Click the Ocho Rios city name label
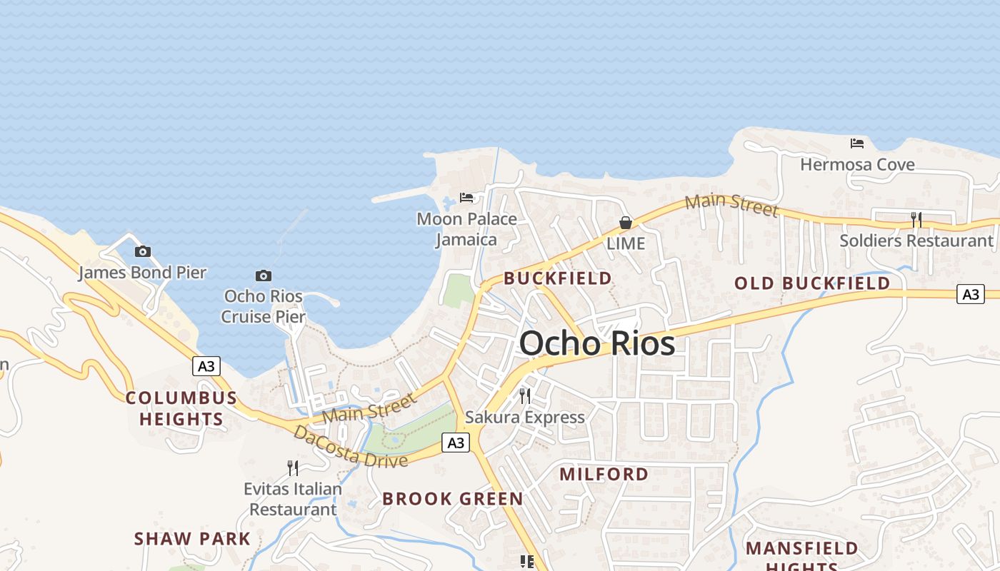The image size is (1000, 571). tap(597, 344)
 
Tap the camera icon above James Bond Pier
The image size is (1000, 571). tap(143, 251)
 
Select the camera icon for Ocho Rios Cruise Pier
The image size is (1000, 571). tap(264, 276)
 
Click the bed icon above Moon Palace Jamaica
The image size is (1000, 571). tap(466, 197)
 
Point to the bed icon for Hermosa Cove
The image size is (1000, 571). tap(857, 143)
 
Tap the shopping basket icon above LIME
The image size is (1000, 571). tap(626, 223)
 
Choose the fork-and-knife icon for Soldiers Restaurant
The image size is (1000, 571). tap(916, 220)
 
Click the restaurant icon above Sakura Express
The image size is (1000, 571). tap(525, 395)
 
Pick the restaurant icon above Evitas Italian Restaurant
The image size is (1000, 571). tap(293, 468)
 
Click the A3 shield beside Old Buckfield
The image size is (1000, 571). tap(971, 293)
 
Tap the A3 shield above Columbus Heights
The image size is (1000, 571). tap(206, 366)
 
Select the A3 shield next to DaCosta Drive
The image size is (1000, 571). tap(455, 443)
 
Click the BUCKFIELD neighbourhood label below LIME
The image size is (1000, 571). tap(558, 278)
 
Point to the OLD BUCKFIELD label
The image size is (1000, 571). tap(812, 283)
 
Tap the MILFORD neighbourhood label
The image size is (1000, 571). tap(604, 474)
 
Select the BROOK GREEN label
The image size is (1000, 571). tap(453, 499)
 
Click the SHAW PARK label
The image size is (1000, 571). tap(192, 539)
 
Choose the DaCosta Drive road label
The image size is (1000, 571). tap(350, 447)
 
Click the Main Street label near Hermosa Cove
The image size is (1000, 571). tap(731, 205)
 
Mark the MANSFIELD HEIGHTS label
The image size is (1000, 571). tap(801, 555)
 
